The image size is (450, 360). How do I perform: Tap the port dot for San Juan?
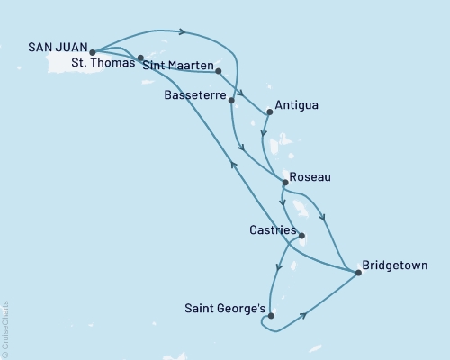point(93,52)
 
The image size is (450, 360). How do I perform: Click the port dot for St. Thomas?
point(140,58)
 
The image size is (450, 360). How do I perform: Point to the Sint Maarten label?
point(179,67)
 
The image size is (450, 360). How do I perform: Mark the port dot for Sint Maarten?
point(219,70)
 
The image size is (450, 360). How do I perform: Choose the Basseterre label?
point(195,94)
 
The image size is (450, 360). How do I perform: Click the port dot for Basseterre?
point(232,100)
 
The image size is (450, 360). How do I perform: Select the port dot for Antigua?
point(270,112)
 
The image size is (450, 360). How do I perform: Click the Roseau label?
point(311,177)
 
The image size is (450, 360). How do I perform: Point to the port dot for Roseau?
point(285,183)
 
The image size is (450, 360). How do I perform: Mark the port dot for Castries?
point(301,237)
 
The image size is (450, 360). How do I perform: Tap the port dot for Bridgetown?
point(358,272)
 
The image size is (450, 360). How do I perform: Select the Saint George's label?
point(224,309)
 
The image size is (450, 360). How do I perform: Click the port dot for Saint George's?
point(271,315)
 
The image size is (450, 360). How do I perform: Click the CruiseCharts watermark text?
point(5,328)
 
